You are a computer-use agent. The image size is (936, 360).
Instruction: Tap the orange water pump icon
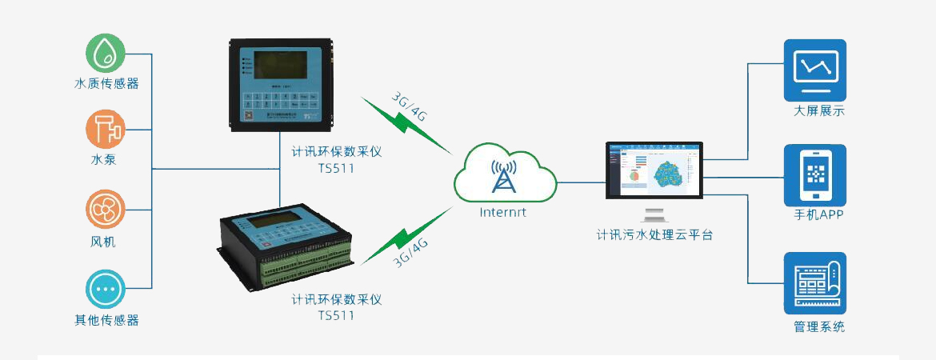pos(106,129)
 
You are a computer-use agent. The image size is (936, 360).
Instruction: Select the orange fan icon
pos(106,210)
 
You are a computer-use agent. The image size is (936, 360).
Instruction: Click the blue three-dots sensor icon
pos(106,289)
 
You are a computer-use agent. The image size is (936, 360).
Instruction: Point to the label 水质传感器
pos(106,83)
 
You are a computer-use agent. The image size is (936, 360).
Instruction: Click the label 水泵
pos(106,160)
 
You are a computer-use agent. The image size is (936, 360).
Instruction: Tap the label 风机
pos(106,241)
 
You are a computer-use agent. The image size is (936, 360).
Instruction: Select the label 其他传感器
pos(106,320)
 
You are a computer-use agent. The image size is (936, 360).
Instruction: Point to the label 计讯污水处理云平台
pos(654,236)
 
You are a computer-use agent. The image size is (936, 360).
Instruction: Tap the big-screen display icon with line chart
pos(814,70)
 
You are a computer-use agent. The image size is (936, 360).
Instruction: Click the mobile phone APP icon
pos(814,176)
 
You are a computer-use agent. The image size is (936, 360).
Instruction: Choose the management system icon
pos(814,283)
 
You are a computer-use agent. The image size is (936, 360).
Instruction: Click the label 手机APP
pos(814,214)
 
